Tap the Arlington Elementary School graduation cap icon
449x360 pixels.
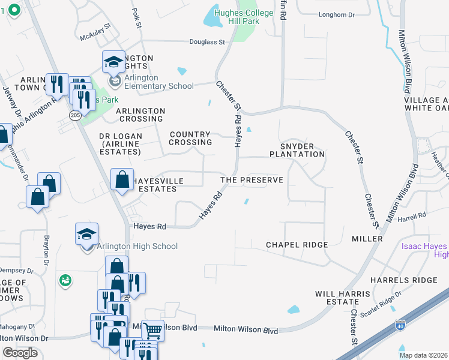point(113,62)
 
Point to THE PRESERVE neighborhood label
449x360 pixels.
point(252,180)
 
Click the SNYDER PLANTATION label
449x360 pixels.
point(301,150)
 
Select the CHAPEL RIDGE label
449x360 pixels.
point(297,245)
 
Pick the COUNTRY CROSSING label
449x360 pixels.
point(190,139)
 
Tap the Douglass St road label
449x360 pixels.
point(208,43)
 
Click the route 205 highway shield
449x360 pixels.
point(74,115)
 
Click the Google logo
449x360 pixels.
point(20,353)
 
